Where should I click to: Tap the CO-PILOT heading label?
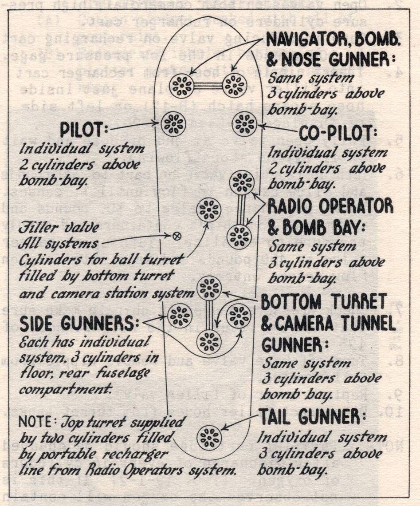[x=334, y=133]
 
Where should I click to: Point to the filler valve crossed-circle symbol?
[x=176, y=236]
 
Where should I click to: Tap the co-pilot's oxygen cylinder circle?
[x=244, y=124]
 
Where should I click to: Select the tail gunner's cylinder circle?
[x=209, y=437]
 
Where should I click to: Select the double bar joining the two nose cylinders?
[x=208, y=86]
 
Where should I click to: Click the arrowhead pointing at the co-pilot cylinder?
[x=260, y=126]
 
